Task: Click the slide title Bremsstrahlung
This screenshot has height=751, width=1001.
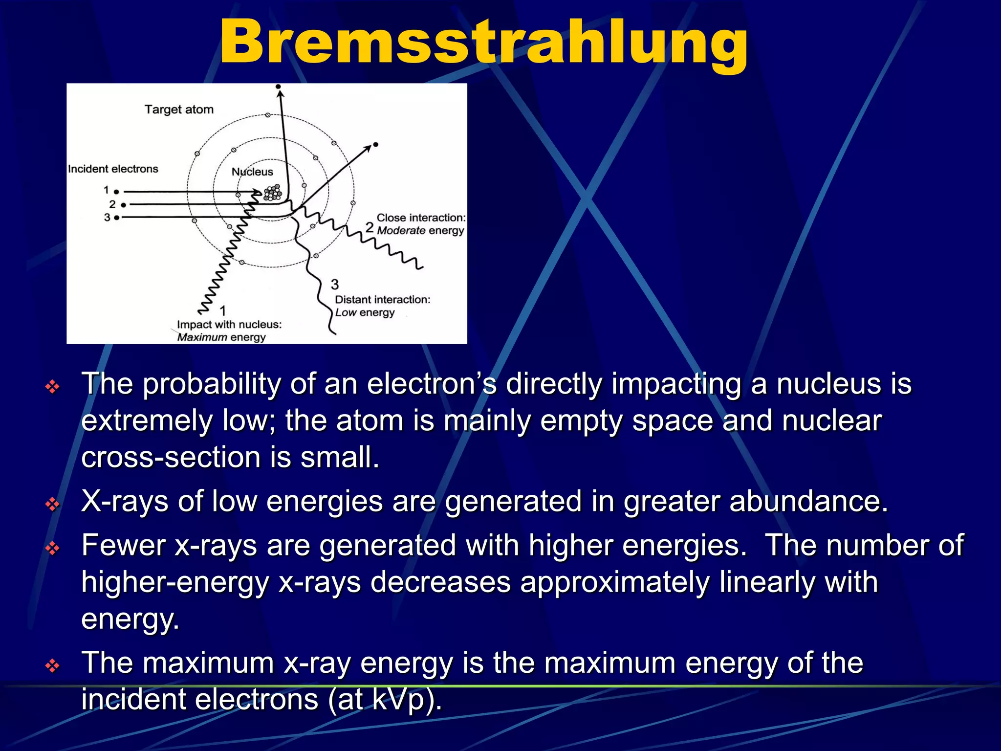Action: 483,43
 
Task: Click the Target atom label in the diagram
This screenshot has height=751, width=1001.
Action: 179,110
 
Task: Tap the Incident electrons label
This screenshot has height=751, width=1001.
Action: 113,169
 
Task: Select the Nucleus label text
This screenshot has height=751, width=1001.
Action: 252,172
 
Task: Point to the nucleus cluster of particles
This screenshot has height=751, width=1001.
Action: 273,193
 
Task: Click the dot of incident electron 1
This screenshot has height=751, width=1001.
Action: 116,192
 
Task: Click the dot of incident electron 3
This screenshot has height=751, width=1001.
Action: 116,218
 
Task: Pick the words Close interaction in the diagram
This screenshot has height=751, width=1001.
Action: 420,218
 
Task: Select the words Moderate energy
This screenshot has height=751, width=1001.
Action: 420,230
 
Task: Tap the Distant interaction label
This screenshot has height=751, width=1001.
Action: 382,300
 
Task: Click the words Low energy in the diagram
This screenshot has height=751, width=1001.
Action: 365,312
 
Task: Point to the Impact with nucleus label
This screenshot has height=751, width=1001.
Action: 229,325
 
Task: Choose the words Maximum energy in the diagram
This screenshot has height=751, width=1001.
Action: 221,337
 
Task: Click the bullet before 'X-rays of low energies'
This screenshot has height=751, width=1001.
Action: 52,504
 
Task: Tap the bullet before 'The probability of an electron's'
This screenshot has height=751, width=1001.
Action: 52,387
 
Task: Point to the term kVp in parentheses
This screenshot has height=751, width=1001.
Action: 400,700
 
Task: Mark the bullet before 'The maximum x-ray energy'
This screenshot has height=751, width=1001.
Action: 52,665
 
